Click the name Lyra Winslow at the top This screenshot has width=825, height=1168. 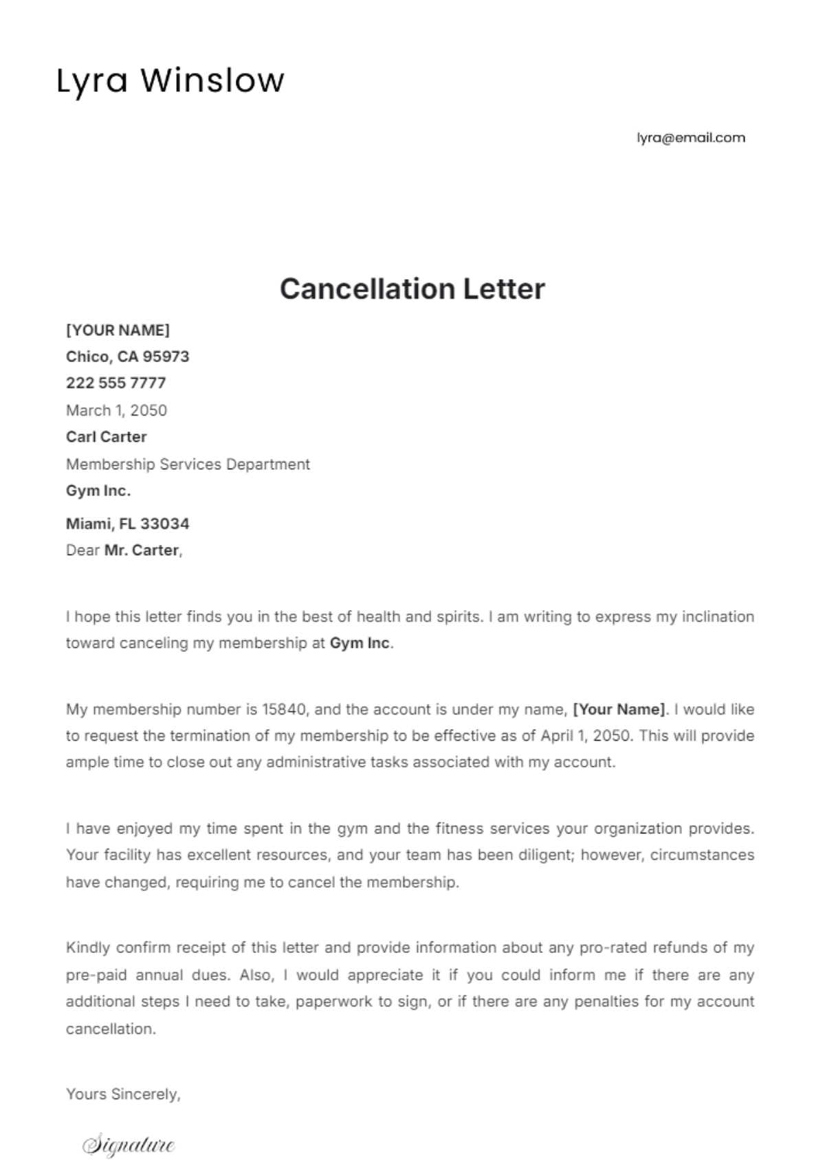(170, 80)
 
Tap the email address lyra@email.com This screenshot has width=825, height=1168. (690, 137)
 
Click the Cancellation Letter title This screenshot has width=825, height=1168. (412, 289)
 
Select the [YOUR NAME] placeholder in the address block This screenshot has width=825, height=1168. (118, 330)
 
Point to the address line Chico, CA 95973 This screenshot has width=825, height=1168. (127, 357)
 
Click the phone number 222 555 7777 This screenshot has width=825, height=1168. (115, 383)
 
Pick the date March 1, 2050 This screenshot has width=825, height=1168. (116, 410)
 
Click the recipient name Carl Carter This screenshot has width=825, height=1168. (106, 437)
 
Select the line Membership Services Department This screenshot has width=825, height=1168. (188, 464)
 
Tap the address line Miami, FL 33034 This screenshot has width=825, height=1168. (127, 524)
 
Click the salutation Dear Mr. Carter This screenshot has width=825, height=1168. (124, 550)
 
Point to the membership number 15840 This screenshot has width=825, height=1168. (294, 709)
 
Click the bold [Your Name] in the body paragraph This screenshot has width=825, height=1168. (619, 709)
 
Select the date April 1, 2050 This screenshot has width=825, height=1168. (585, 736)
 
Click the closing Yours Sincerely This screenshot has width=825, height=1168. (123, 1094)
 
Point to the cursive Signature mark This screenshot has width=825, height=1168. (129, 1145)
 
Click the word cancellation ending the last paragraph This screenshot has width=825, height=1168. (111, 1029)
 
